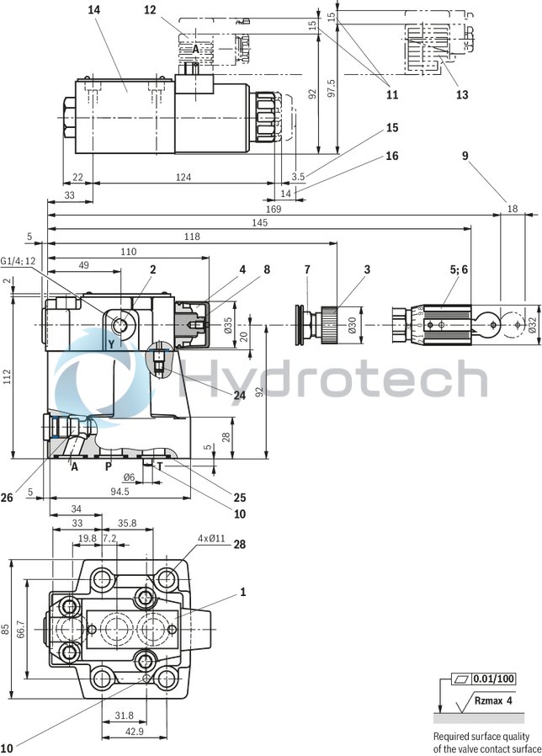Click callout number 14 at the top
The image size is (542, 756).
[x=93, y=9]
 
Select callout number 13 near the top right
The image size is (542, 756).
[x=462, y=95]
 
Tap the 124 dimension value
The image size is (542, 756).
[x=183, y=177]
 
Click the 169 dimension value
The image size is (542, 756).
[x=274, y=208]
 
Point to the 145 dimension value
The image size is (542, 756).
[x=259, y=222]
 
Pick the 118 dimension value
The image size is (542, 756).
[x=192, y=237]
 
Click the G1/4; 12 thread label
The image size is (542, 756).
[x=19, y=261]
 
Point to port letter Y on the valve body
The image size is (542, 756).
[x=110, y=343]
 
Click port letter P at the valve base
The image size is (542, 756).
[x=108, y=466]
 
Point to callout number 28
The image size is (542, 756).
[x=240, y=546]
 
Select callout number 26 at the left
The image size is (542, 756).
[x=8, y=498]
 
